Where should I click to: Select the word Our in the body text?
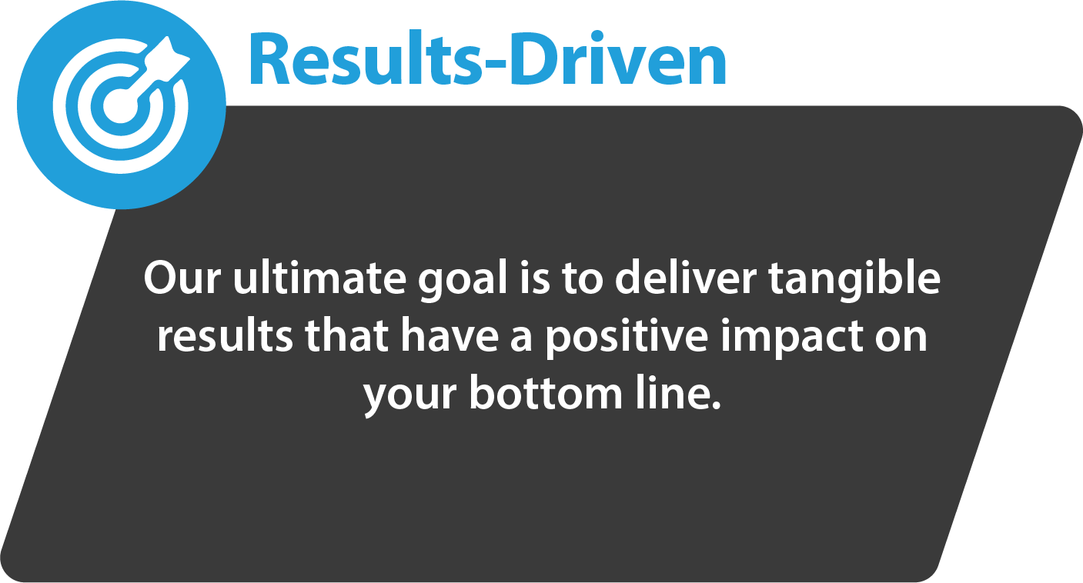pyautogui.click(x=182, y=278)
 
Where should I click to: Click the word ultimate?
pyautogui.click(x=319, y=278)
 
